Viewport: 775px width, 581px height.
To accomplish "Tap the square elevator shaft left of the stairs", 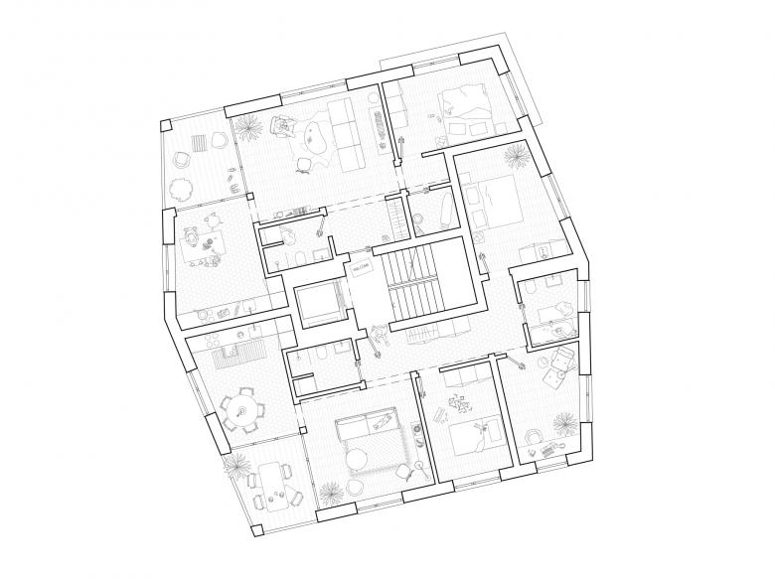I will point(319,304).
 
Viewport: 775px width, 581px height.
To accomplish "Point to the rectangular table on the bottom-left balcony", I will point(268,487).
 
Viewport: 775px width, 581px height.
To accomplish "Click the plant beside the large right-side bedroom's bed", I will point(514,156).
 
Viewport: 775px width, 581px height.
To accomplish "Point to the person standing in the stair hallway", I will point(379,338).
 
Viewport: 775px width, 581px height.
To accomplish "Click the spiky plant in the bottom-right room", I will point(563,422).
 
